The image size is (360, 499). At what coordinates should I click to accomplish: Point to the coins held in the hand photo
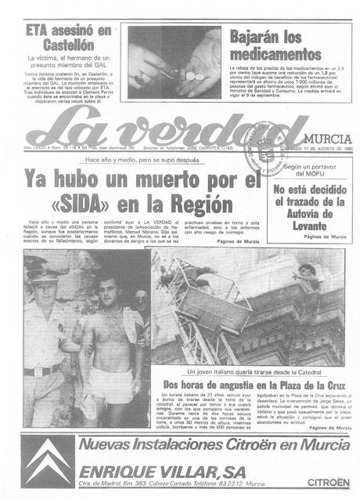(188, 75)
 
